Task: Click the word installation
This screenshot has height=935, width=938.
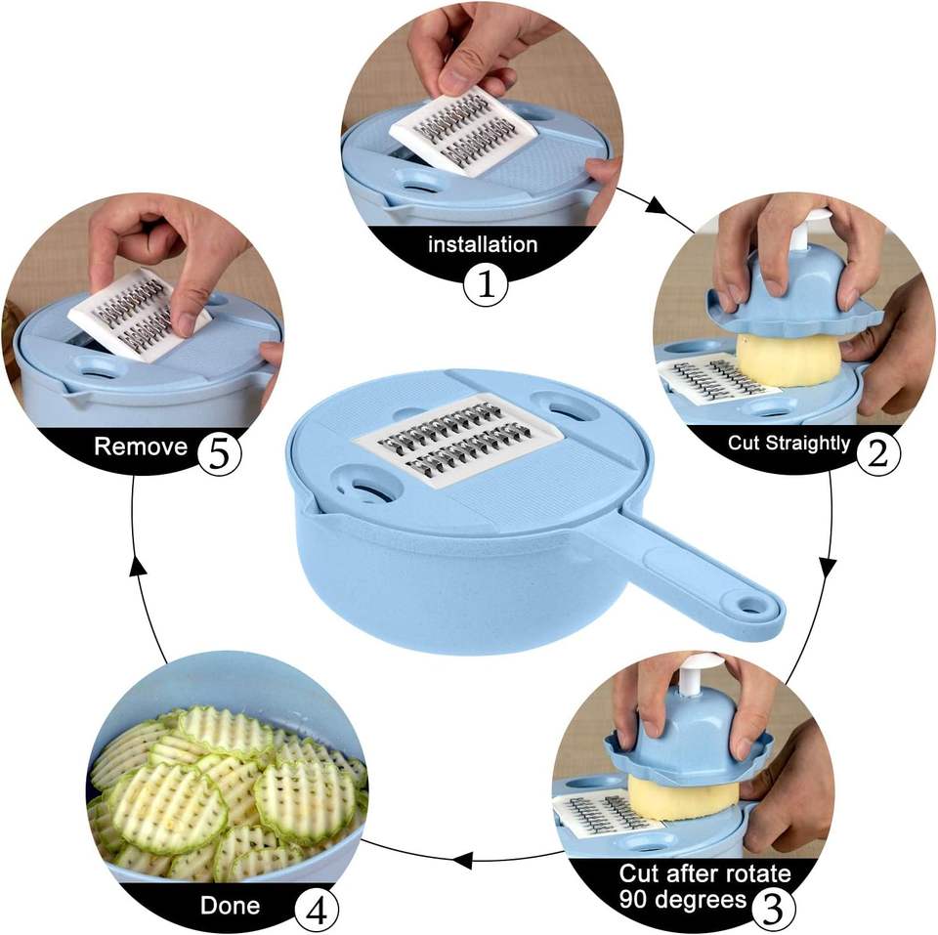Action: click(x=483, y=244)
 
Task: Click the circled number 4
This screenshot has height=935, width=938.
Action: click(x=317, y=913)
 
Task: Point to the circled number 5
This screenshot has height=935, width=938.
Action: click(x=220, y=454)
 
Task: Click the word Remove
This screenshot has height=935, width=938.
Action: click(x=141, y=446)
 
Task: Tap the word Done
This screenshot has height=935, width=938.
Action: click(x=231, y=905)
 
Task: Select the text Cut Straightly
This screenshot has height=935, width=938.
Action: click(x=789, y=444)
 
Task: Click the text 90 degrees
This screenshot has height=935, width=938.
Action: click(x=683, y=899)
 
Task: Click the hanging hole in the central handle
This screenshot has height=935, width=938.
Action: click(x=749, y=604)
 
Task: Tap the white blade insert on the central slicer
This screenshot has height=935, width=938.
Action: click(x=459, y=441)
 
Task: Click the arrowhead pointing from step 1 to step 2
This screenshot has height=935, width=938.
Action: click(x=657, y=206)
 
